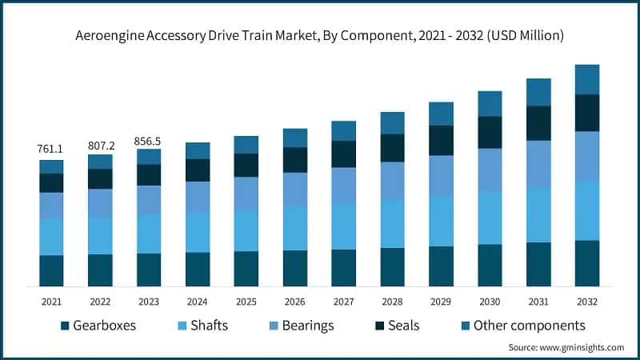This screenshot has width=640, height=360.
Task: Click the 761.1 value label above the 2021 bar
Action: pos(51,150)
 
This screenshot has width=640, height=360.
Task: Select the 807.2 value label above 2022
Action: pos(100,146)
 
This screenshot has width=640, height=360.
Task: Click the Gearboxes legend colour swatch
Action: pos(65,326)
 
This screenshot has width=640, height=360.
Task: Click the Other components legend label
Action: pos(530,326)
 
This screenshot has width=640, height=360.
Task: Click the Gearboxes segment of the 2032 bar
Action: pos(587,263)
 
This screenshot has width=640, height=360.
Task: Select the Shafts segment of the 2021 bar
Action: pos(51,237)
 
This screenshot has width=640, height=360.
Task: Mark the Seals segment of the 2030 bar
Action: pos(490,133)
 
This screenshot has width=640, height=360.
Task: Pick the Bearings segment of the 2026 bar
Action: pos(295,190)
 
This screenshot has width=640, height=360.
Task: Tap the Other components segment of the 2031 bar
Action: pos(538,92)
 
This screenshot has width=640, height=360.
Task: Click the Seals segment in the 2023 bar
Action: pos(149,175)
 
